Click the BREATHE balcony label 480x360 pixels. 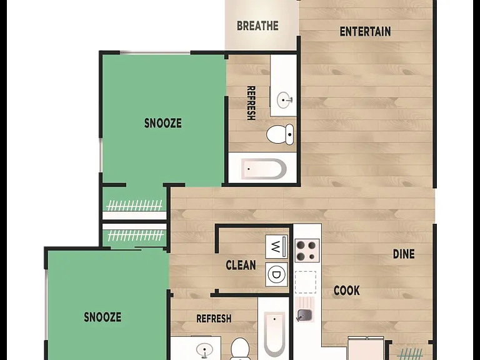pos(257,26)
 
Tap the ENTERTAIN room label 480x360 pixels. pos(365,31)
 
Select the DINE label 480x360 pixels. pos(404,254)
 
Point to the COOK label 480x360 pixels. pos(346,291)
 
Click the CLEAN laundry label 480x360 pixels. pos(241,265)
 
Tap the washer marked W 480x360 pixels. pos(276,247)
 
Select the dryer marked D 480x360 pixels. pos(276,274)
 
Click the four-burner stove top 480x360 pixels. pos(307,251)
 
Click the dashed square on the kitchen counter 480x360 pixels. pos(306,282)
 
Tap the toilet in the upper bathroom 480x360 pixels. pos(280,134)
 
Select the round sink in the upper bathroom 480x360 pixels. pos(285,100)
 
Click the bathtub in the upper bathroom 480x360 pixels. pos(264,169)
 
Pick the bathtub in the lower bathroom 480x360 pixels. pos(274,334)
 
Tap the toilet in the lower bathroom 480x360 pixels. pos(240,349)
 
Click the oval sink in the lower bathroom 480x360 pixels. pos(204,349)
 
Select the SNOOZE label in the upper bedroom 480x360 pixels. pos(163,123)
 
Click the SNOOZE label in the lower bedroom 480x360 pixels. pos(102,317)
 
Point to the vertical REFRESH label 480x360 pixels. pos(251,103)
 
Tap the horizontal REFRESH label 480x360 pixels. pos(214,319)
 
